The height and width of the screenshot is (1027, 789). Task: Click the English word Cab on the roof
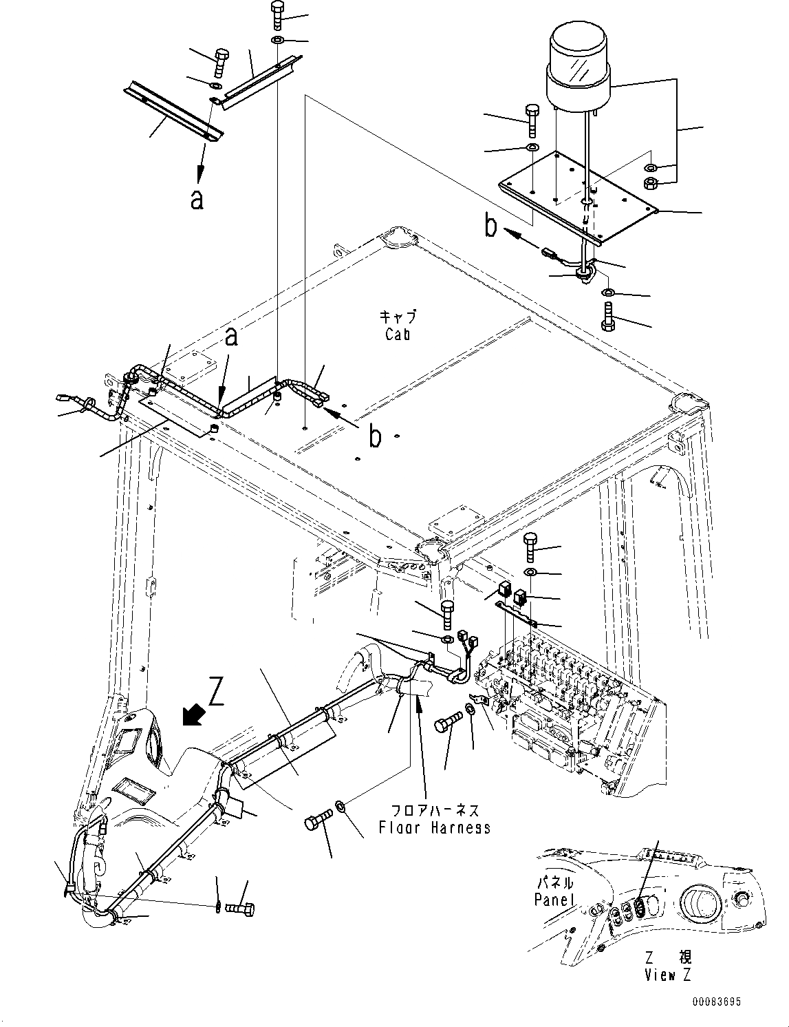(397, 334)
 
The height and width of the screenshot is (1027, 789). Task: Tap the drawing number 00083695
(717, 1003)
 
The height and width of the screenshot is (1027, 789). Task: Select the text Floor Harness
(435, 827)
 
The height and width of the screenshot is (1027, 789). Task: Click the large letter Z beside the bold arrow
(217, 695)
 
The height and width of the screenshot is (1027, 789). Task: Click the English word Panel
(553, 900)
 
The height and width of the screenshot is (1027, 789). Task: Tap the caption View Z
(668, 975)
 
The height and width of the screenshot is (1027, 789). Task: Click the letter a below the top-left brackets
(197, 199)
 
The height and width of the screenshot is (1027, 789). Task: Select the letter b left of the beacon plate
(491, 227)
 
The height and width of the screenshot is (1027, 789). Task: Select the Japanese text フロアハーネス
(435, 809)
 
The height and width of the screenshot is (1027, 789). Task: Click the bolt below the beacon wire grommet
(607, 318)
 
